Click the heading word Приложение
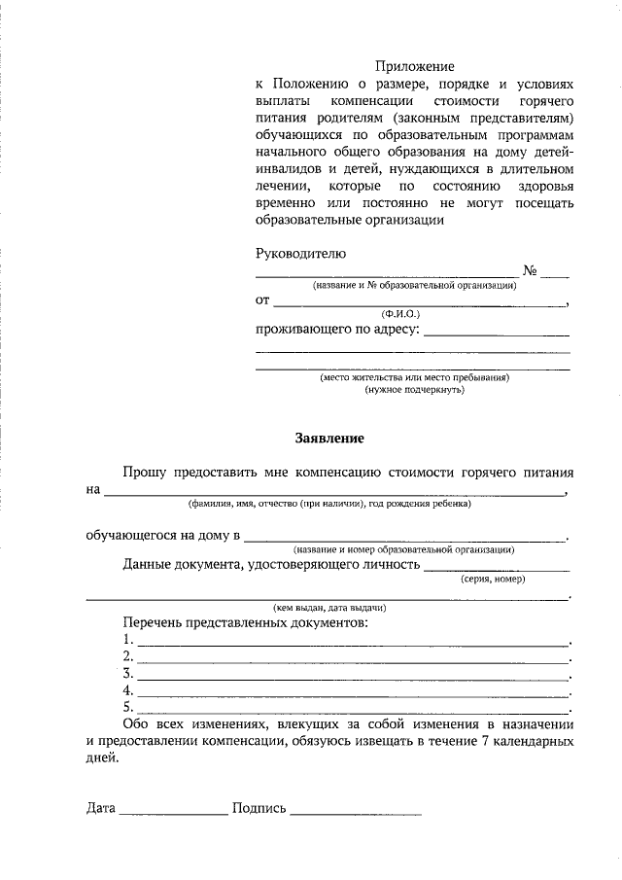tap(415, 66)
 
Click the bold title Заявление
tap(329, 439)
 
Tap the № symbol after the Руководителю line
tap(531, 271)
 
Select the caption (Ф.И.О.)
tap(400, 314)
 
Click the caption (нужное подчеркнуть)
tap(414, 389)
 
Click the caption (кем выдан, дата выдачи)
tap(329, 608)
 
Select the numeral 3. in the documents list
tap(128, 673)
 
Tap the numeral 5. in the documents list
tap(128, 707)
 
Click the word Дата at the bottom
tap(100, 808)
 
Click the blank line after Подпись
tap(355, 812)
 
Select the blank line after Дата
tap(172, 812)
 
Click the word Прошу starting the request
tap(144, 472)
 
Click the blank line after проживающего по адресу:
tap(497, 333)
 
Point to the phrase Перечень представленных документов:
tap(246, 621)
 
